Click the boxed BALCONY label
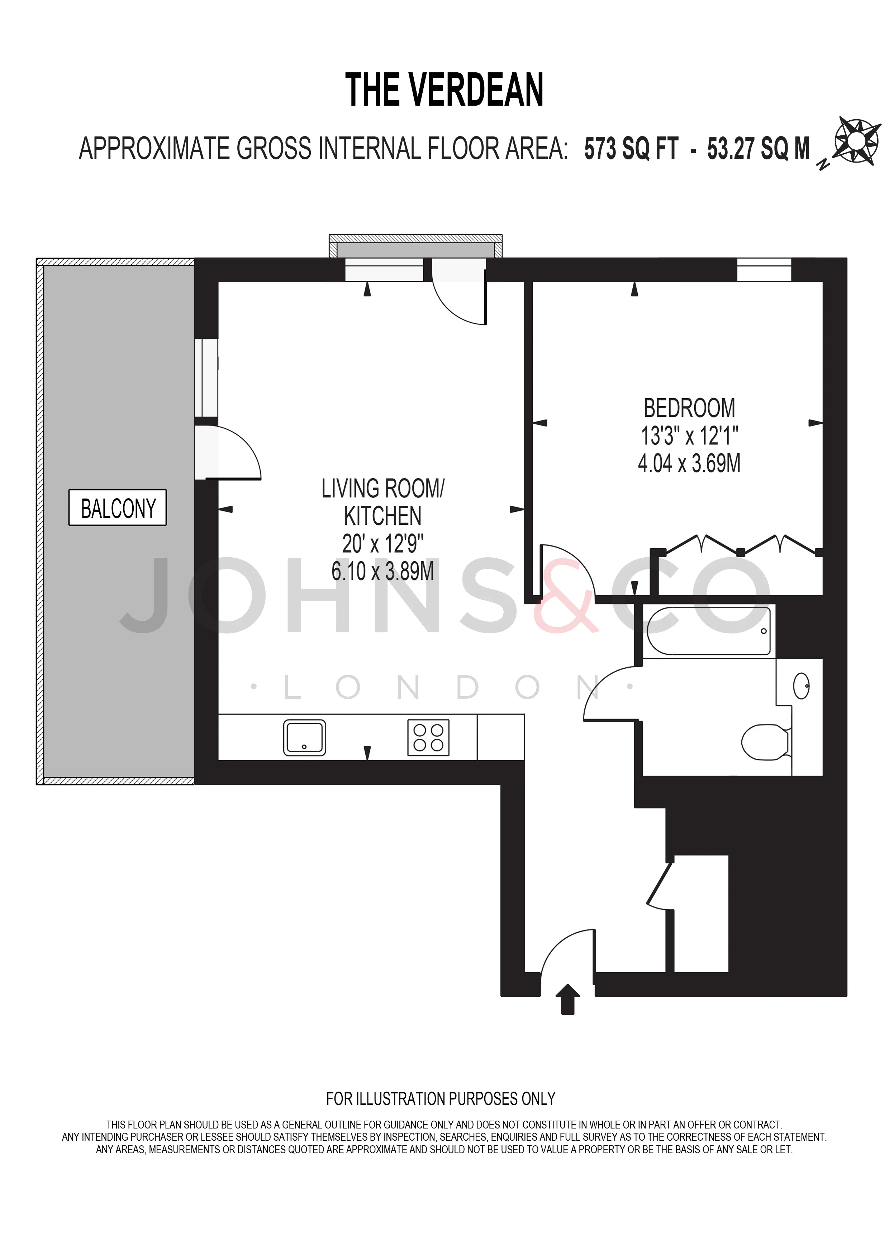pos(118,507)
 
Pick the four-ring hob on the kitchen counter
pos(429,738)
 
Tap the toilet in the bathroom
pos(766,742)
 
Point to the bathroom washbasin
pos(802,686)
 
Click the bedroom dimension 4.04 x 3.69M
pos(689,463)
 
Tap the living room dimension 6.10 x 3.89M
pos(382,571)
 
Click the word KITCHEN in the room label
pos(382,516)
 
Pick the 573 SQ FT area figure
pos(631,149)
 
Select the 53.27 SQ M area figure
pos(758,149)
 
